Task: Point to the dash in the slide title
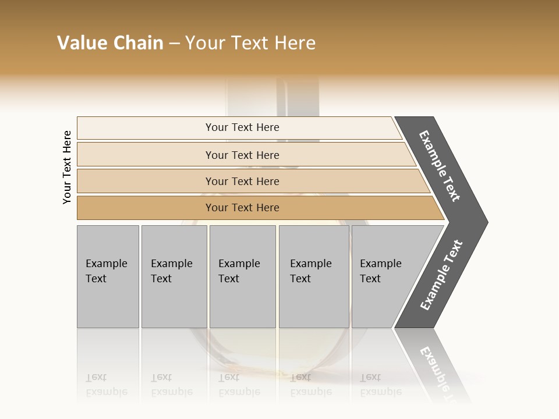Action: coord(174,44)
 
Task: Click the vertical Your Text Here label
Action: coord(67,167)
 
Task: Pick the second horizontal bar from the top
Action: coord(242,155)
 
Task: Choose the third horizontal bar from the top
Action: coord(242,181)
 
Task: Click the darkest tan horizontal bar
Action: coord(242,208)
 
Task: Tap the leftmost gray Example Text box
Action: coord(108,276)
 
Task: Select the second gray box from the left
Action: coord(174,276)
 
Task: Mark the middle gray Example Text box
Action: coord(242,276)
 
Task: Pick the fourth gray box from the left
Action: coord(314,276)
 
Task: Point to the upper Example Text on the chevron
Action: coord(440,166)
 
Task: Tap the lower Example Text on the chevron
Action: coord(441,275)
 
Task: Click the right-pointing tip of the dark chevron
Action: coord(484,222)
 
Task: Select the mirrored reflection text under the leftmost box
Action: coord(106,385)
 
